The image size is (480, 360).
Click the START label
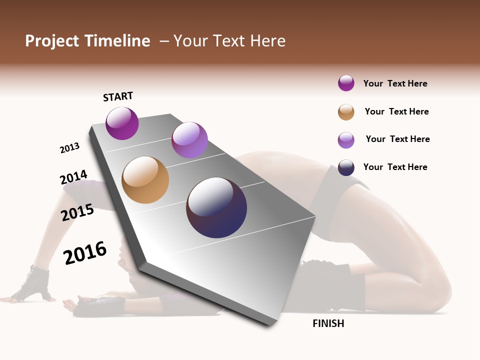(x=118, y=96)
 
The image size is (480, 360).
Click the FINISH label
(x=328, y=323)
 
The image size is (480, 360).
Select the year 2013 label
(x=69, y=148)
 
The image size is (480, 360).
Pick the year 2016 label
(x=85, y=252)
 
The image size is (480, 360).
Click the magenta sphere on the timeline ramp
(x=122, y=123)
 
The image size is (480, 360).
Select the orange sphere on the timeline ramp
(x=145, y=180)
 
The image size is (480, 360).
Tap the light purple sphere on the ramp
(x=189, y=140)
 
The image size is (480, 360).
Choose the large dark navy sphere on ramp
(x=216, y=207)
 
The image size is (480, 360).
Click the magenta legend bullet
(x=346, y=83)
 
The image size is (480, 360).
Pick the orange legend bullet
(x=346, y=112)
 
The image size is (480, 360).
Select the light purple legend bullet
(x=346, y=140)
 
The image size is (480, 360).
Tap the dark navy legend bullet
(x=346, y=167)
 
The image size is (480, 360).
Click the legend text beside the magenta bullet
(x=395, y=83)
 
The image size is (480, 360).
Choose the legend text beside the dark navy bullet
(x=395, y=167)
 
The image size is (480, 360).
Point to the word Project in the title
(x=51, y=41)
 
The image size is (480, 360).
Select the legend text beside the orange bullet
(x=396, y=111)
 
